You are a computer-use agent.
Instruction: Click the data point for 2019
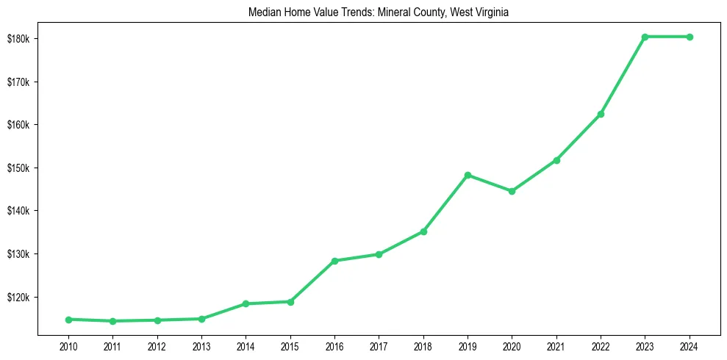(468, 175)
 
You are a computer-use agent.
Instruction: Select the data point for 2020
(512, 191)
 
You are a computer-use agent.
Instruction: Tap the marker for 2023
(645, 37)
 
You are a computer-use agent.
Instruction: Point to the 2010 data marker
(68, 320)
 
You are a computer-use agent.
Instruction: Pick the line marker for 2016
(334, 261)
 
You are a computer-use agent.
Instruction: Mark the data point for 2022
(601, 114)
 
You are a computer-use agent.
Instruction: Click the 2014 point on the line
(246, 303)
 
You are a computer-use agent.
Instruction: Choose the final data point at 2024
(690, 37)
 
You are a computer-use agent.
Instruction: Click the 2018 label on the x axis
(423, 345)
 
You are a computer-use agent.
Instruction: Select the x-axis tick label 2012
(157, 345)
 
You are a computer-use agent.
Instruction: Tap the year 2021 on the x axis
(556, 345)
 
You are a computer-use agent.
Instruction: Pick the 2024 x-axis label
(690, 345)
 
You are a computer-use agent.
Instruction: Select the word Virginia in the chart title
(482, 12)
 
